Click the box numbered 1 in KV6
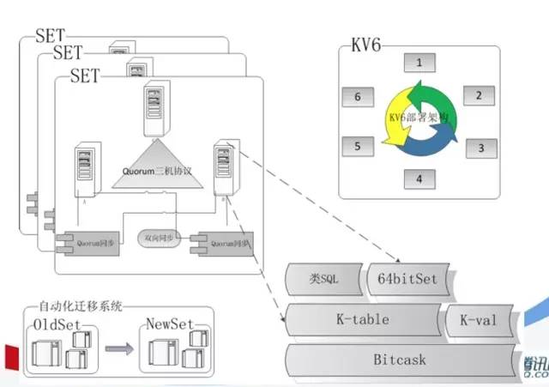[x=419, y=63]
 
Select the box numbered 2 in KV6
[x=479, y=95]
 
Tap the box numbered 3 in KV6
[x=480, y=147]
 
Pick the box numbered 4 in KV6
[x=419, y=178]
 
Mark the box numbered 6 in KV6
[x=357, y=97]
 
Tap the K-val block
[x=480, y=321]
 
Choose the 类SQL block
[x=325, y=279]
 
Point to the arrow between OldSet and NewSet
[x=118, y=350]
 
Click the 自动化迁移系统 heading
[x=81, y=305]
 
